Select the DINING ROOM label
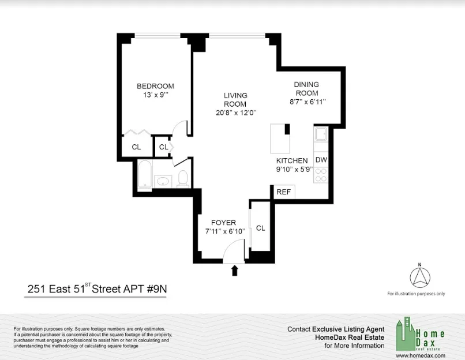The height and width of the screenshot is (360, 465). (x=307, y=88)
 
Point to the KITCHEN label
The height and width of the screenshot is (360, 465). (x=292, y=160)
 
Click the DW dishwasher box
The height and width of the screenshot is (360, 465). (x=321, y=160)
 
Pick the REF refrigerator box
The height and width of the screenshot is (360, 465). (x=283, y=192)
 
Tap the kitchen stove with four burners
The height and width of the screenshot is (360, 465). (x=321, y=175)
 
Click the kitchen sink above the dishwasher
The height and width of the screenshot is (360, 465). (x=321, y=136)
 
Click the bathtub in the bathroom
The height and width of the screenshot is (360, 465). (x=145, y=174)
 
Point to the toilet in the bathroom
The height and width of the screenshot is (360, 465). (x=183, y=178)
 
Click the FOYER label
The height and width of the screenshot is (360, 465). (x=224, y=223)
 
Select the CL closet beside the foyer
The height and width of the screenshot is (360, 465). (x=260, y=228)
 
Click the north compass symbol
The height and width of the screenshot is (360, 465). (x=419, y=277)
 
